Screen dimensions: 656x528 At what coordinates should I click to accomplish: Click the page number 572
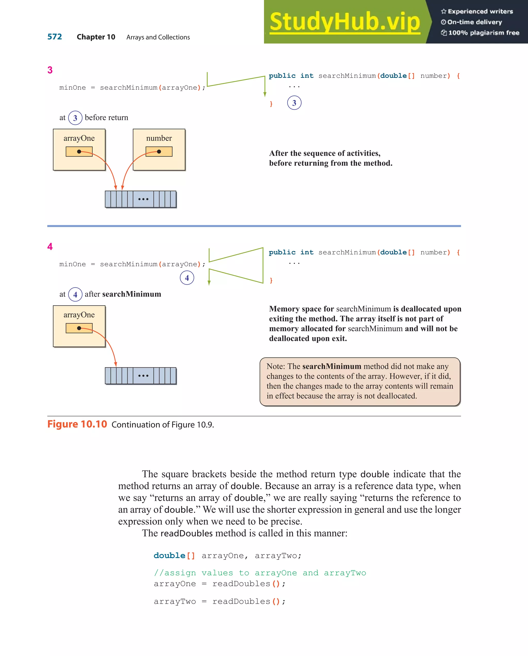tap(54, 37)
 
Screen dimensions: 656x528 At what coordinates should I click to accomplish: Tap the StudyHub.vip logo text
tap(344, 22)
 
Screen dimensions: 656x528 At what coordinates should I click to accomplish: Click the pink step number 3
tap(50, 70)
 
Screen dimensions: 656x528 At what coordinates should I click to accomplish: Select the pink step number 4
tap(50, 246)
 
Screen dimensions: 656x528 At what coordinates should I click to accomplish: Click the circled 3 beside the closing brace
tap(294, 103)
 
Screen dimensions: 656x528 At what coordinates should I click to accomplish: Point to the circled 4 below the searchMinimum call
tap(187, 278)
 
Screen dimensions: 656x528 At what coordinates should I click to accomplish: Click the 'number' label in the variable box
tap(159, 138)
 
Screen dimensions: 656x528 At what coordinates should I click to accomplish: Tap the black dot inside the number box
tap(159, 152)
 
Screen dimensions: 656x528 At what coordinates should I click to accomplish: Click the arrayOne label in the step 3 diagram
tap(79, 138)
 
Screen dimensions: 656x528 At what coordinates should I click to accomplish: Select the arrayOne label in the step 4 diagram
tap(79, 315)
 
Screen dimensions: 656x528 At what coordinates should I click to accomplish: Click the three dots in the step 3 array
tap(143, 199)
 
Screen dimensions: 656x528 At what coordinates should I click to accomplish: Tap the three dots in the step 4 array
tap(143, 376)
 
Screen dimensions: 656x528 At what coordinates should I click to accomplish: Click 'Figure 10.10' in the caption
tap(77, 424)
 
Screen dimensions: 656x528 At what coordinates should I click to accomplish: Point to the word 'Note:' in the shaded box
tap(276, 366)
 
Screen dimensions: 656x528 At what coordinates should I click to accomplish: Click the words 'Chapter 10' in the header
tap(96, 37)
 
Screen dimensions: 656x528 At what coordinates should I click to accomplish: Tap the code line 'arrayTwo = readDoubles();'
tap(219, 602)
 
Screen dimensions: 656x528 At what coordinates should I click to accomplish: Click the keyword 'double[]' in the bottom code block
tap(174, 555)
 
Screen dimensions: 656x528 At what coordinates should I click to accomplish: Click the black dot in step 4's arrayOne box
tap(79, 328)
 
